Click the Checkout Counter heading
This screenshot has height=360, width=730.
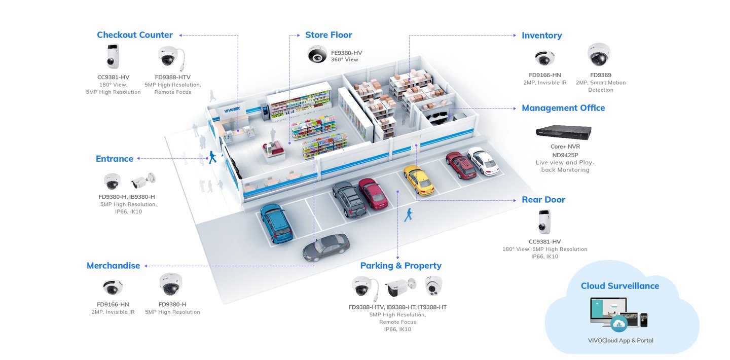tap(135, 35)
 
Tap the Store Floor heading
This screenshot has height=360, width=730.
tap(328, 35)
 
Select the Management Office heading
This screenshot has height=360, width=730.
tap(563, 108)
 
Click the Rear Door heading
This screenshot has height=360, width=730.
tap(543, 200)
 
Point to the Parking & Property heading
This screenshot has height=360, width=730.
tap(400, 266)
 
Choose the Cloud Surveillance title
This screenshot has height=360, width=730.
tap(620, 286)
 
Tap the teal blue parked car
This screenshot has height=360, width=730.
tap(276, 224)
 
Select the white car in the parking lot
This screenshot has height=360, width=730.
tap(483, 161)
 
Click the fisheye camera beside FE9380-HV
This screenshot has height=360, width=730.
tap(317, 54)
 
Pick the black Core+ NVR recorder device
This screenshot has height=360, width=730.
tap(564, 132)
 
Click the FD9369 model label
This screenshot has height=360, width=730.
tap(601, 75)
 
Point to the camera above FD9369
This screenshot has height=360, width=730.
tap(599, 54)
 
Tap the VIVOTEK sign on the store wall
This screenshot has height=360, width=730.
tap(232, 109)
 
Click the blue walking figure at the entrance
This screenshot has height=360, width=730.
tap(212, 157)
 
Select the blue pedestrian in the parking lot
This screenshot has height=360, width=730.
tap(409, 215)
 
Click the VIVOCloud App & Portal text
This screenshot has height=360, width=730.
tap(620, 340)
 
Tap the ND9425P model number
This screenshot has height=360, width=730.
tap(565, 155)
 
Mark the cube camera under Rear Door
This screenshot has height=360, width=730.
tap(544, 222)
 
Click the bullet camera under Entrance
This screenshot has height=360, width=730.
tap(143, 180)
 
